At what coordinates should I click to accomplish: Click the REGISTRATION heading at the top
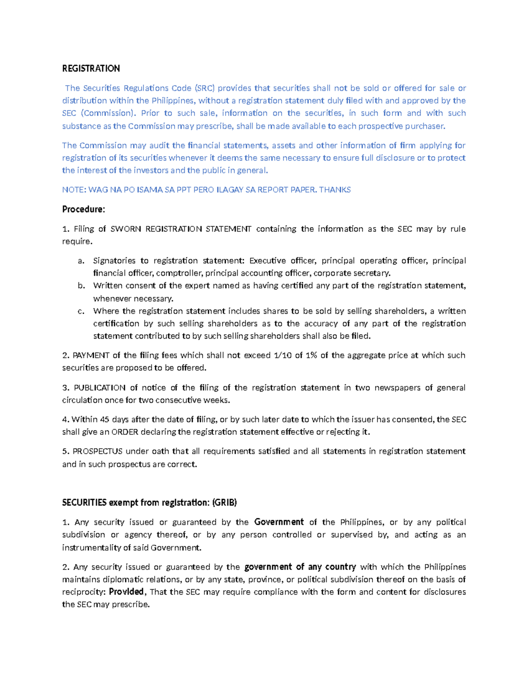91,68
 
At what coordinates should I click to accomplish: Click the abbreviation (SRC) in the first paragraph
204,88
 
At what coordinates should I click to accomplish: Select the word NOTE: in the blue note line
74,190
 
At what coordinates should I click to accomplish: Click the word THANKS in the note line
335,190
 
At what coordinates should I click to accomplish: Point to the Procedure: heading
83,209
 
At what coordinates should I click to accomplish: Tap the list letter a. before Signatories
81,261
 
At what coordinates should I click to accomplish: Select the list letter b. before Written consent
81,285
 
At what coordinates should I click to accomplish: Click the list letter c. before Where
81,311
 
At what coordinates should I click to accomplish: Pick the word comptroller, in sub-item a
179,273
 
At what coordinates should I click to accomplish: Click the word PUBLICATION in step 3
99,388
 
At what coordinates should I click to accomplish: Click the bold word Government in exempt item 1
279,522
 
